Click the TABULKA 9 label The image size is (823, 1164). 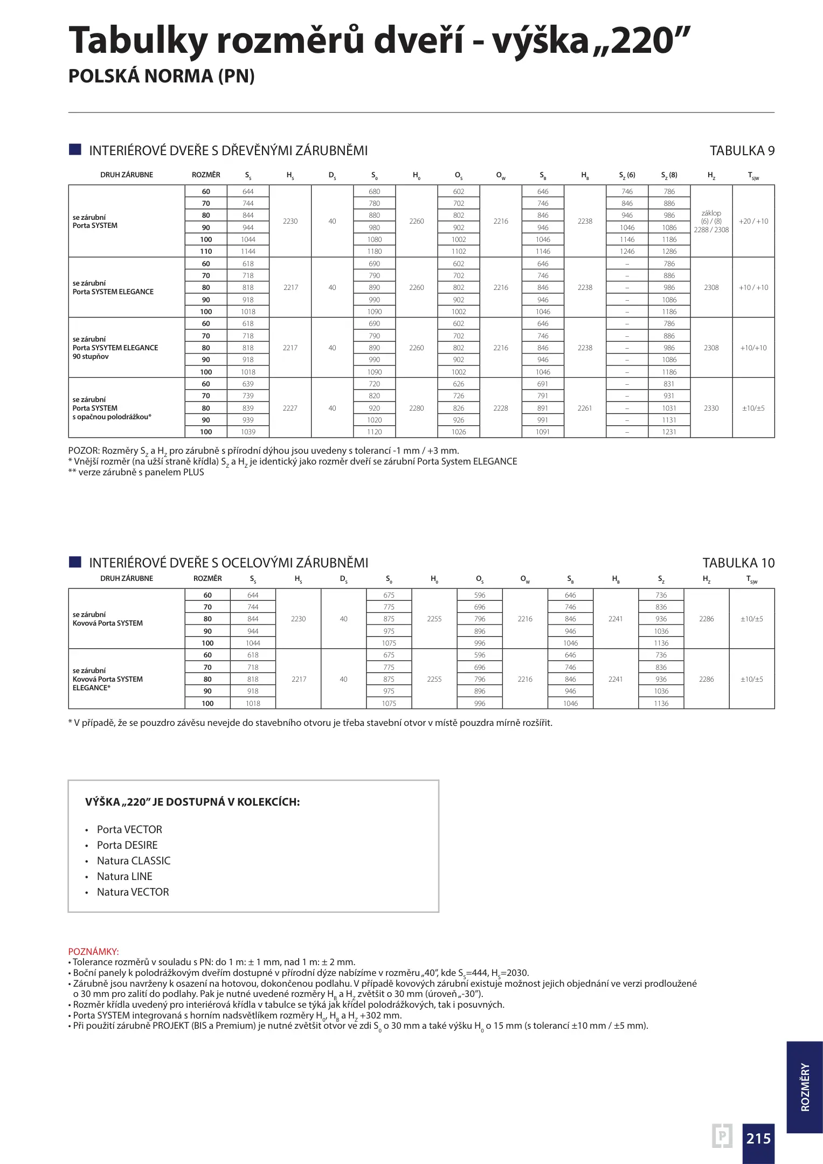pyautogui.click(x=742, y=151)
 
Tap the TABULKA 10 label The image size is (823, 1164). pyautogui.click(x=738, y=563)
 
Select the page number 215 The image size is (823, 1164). pyautogui.click(x=758, y=1139)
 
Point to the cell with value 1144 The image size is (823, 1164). pyautogui.click(x=248, y=252)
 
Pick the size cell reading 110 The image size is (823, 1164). pyautogui.click(x=206, y=252)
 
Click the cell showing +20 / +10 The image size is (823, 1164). pyautogui.click(x=753, y=221)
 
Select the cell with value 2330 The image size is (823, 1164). pyautogui.click(x=711, y=408)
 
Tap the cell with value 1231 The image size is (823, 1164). pyautogui.click(x=669, y=432)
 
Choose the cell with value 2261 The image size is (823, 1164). pyautogui.click(x=585, y=408)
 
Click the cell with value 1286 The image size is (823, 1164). pyautogui.click(x=669, y=252)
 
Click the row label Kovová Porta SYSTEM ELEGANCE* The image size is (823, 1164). pyautogui.click(x=108, y=680)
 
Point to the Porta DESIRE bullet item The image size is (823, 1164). pyautogui.click(x=127, y=846)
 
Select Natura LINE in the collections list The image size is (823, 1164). pyautogui.click(x=125, y=877)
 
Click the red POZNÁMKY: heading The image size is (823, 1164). pyautogui.click(x=93, y=952)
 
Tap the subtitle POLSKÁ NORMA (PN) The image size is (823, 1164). pyautogui.click(x=161, y=77)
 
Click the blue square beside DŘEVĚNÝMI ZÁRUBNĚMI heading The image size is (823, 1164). pyautogui.click(x=75, y=150)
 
